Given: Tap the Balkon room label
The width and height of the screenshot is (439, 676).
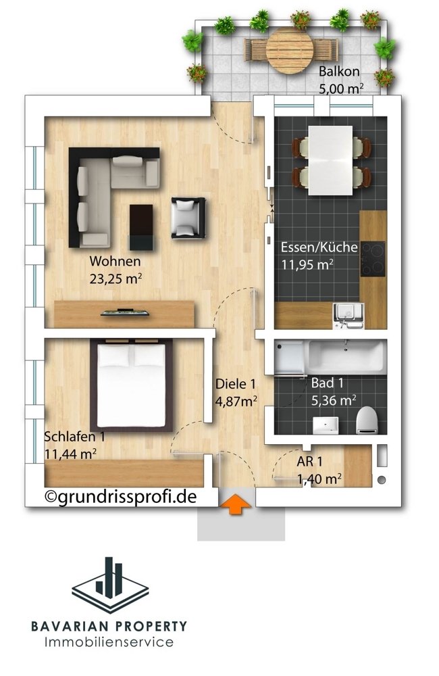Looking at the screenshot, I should pyautogui.click(x=339, y=72).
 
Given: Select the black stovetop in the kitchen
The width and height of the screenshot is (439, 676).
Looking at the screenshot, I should pyautogui.click(x=373, y=258).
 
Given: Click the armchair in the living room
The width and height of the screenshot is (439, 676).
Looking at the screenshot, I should pyautogui.click(x=187, y=217).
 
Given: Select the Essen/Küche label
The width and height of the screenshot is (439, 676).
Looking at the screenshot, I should pyautogui.click(x=319, y=247).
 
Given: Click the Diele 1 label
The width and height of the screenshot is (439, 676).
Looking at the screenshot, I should pyautogui.click(x=235, y=384).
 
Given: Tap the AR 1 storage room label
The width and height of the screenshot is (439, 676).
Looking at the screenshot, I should pyautogui.click(x=311, y=464).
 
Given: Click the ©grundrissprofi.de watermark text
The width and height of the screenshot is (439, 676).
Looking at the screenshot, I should pyautogui.click(x=121, y=497).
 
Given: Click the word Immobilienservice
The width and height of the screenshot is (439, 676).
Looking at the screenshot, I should pyautogui.click(x=109, y=642).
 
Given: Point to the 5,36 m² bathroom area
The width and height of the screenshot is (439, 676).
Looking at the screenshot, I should pyautogui.click(x=334, y=400).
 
